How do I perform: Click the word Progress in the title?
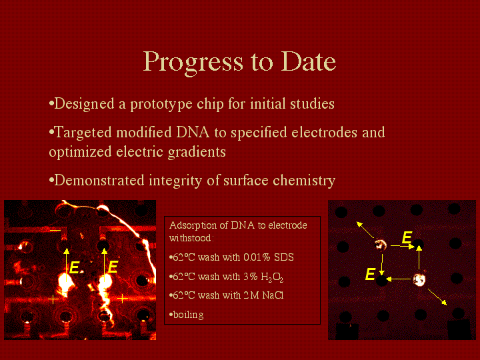pyautogui.click(x=193, y=63)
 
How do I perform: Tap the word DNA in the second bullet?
pyautogui.click(x=193, y=132)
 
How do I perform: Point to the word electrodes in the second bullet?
pyautogui.click(x=324, y=132)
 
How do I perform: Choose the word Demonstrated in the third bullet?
pyautogui.click(x=99, y=180)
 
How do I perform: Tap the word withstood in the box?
pyautogui.click(x=190, y=238)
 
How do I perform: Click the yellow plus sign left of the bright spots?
pyautogui.click(x=53, y=299)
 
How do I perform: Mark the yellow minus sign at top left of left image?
pyautogui.click(x=55, y=229)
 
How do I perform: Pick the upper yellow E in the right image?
pyautogui.click(x=407, y=237)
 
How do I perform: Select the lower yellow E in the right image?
pyautogui.click(x=371, y=274)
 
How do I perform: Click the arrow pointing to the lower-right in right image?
pyautogui.click(x=437, y=297)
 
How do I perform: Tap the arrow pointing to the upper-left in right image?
pyautogui.click(x=365, y=230)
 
